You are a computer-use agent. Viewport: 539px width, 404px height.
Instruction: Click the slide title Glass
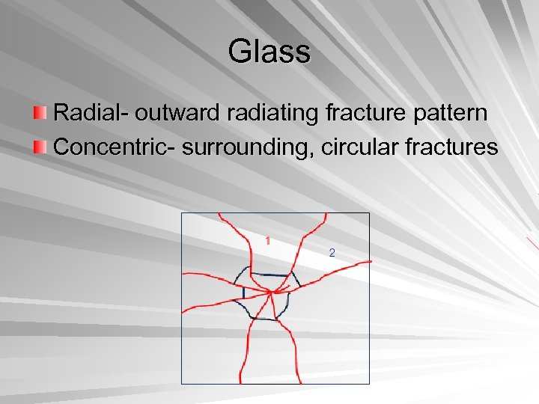coord(269,52)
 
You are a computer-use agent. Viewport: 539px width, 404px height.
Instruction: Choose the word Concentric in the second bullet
coord(110,147)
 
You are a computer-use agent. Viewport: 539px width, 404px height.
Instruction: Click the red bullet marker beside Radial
coord(41,114)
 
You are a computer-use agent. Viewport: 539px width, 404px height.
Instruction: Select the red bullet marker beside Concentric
coord(41,147)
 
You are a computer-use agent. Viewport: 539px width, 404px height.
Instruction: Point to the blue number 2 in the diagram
coord(332,252)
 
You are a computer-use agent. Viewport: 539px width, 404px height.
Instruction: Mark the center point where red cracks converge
coord(271,293)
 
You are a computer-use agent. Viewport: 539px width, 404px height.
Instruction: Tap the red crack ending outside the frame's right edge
coord(369,261)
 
